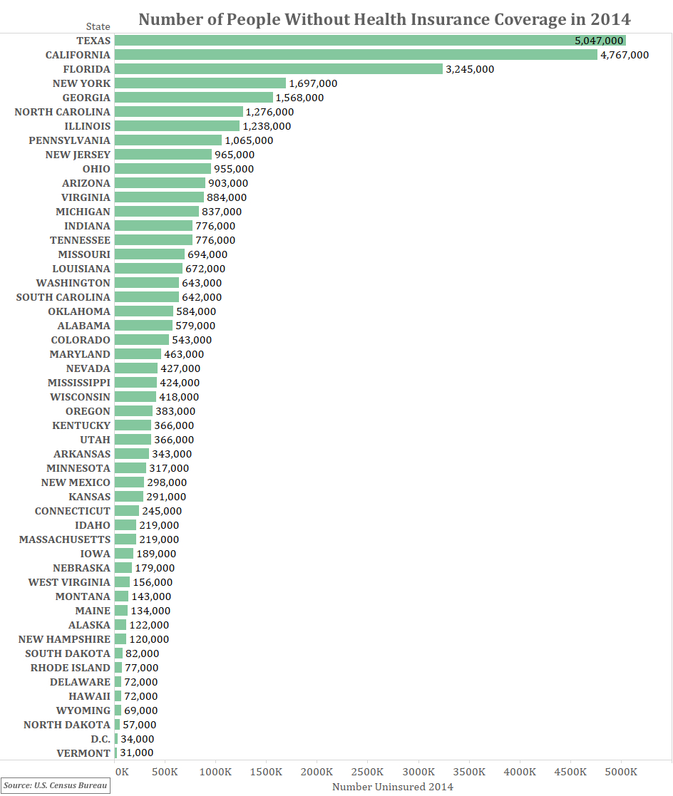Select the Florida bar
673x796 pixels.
[x=278, y=69]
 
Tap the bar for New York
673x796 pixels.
[x=200, y=83]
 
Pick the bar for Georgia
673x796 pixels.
[x=193, y=98]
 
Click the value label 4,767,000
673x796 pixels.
[x=625, y=55]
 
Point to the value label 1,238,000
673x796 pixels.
[x=267, y=126]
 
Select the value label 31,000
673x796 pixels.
[x=137, y=753]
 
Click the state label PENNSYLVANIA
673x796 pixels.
[x=70, y=140]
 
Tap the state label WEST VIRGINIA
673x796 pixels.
[x=69, y=582]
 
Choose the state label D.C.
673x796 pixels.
[x=101, y=739]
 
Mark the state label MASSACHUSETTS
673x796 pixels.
[x=65, y=539]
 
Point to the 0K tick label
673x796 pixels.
[x=122, y=772]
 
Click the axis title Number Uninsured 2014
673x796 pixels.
[x=393, y=787]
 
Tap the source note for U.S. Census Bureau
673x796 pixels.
[x=56, y=786]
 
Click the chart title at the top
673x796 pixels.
[x=384, y=19]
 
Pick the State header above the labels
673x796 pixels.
[x=98, y=26]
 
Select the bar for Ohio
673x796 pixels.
[x=163, y=169]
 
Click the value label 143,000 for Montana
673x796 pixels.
[x=151, y=596]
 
